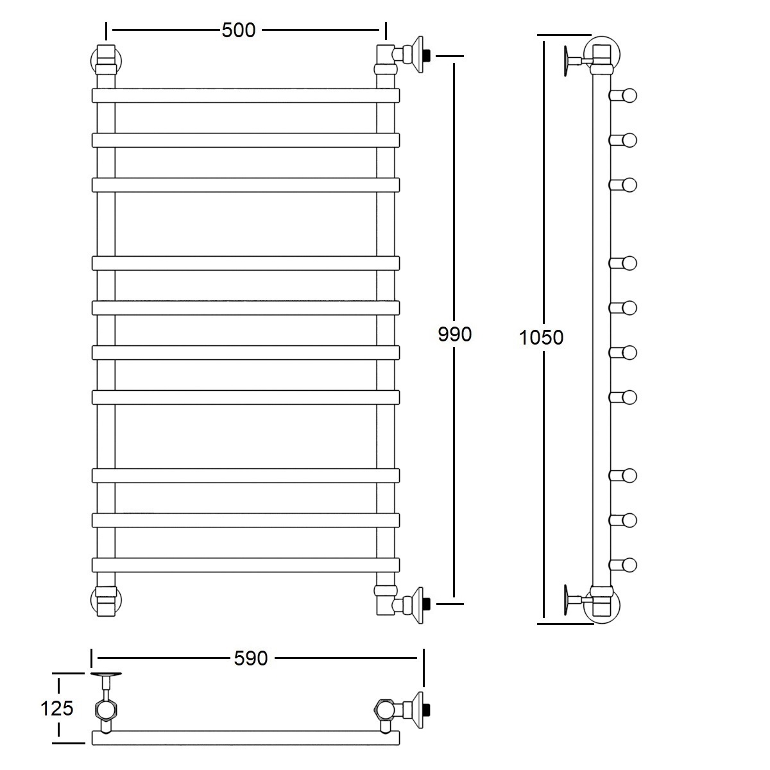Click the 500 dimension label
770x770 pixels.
click(239, 30)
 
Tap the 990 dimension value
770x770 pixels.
click(455, 334)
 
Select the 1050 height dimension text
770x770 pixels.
click(541, 338)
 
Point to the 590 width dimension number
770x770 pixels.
click(250, 658)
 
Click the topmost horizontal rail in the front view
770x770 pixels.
click(246, 96)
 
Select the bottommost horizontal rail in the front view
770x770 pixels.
click(246, 565)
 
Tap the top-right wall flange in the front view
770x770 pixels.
click(418, 55)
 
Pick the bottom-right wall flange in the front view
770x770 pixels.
click(418, 605)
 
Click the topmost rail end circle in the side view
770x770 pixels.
click(629, 96)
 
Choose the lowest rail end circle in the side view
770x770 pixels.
click(629, 565)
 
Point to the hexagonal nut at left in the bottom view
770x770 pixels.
click(105, 709)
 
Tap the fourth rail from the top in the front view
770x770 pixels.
click(246, 263)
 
